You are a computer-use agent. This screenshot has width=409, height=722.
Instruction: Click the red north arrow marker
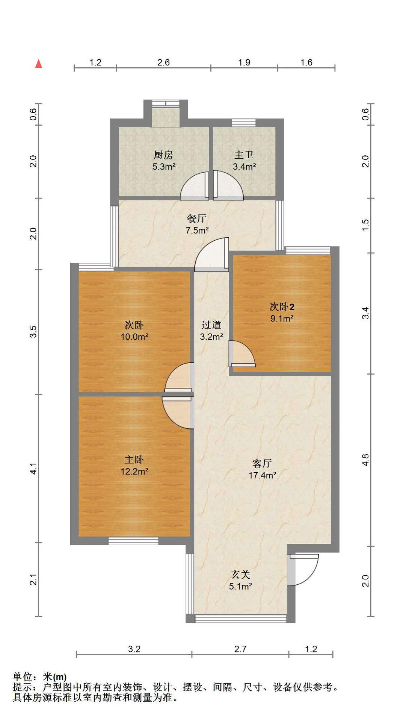pyautogui.click(x=38, y=64)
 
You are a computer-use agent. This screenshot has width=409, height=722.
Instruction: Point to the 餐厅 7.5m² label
pyautogui.click(x=197, y=224)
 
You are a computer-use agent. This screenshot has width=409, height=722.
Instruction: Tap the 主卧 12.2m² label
pyautogui.click(x=134, y=465)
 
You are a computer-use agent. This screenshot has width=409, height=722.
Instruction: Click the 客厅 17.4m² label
pyautogui.click(x=262, y=469)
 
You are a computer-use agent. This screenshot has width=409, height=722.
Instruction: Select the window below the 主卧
pyautogui.click(x=133, y=541)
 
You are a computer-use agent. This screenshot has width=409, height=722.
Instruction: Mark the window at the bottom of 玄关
pyautogui.click(x=240, y=618)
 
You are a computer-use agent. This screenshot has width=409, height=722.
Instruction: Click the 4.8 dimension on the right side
pyautogui.click(x=365, y=460)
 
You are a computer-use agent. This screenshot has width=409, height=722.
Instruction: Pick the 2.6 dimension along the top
pyautogui.click(x=163, y=62)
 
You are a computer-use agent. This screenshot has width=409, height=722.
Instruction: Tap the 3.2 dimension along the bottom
pyautogui.click(x=134, y=649)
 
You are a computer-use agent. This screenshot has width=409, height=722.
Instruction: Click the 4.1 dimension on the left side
pyautogui.click(x=34, y=468)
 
